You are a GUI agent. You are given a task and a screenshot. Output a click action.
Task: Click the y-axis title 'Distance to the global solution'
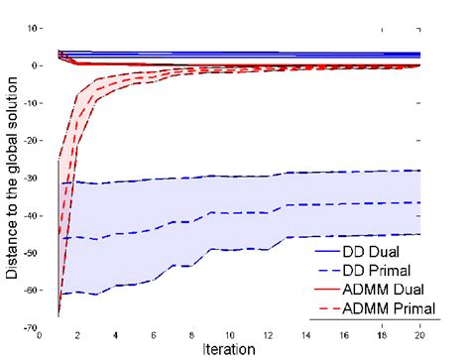[12, 179]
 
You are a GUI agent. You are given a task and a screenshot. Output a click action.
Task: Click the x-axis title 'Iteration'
[229, 349]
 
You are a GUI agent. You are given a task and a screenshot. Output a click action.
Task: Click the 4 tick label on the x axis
[117, 335]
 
